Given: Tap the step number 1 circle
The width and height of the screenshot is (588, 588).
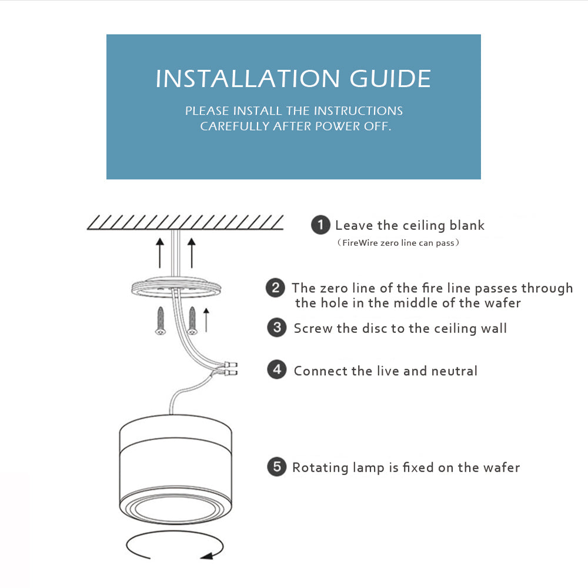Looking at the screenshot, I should pos(320,225).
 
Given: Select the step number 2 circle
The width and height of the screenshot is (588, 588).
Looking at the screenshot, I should pos(275,288).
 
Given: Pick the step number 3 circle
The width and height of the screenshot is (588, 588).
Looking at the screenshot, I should pos(276,328).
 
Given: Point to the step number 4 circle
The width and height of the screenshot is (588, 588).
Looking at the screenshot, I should pos(276,370).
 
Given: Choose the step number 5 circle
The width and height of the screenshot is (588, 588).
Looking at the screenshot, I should pos(276,467).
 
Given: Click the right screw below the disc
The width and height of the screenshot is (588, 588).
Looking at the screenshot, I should pos(192,321).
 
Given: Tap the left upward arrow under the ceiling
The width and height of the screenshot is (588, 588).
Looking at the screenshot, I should pos(160,252).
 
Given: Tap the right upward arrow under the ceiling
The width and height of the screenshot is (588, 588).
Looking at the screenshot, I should pos(191,252).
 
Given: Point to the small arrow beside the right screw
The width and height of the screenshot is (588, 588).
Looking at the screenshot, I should pos(206,320).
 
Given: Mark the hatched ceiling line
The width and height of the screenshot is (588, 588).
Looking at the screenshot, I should pos(185,222).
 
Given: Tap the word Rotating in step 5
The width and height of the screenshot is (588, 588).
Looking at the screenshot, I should pos(321,468).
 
